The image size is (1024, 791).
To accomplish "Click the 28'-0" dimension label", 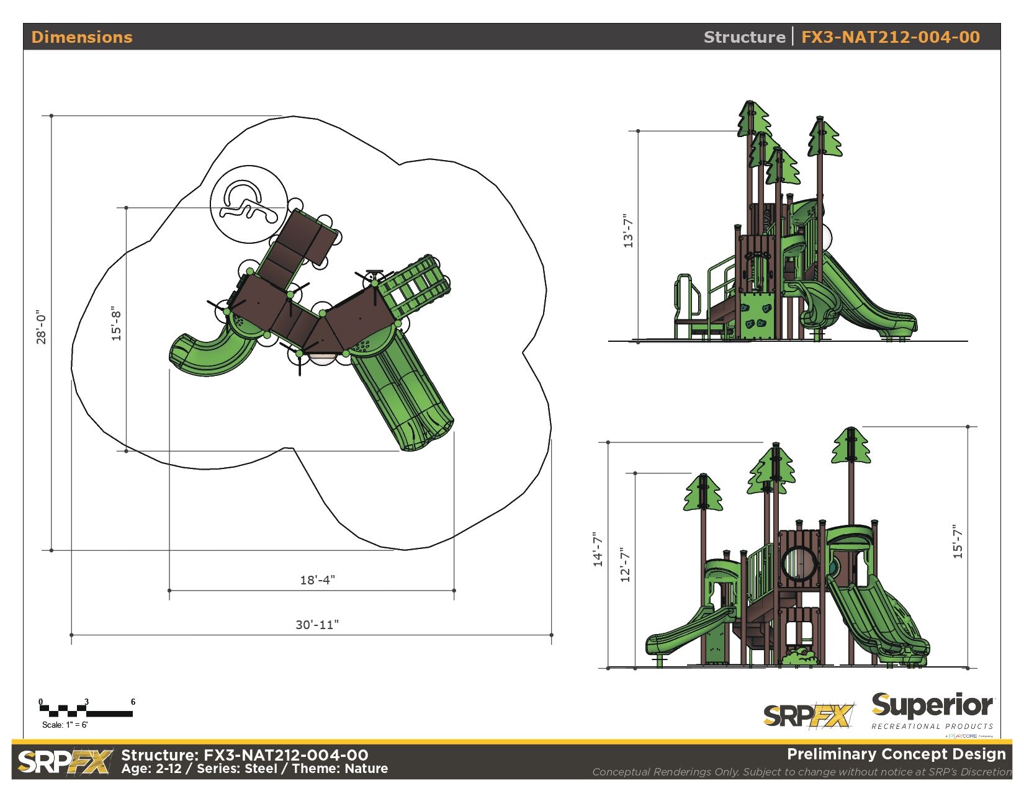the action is [x=42, y=327].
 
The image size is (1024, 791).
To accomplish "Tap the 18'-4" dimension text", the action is [x=318, y=579].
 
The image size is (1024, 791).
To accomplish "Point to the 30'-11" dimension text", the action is [x=317, y=624].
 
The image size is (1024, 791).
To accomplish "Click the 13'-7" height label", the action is [x=628, y=230].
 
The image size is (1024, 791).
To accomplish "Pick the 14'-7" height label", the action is [x=598, y=549].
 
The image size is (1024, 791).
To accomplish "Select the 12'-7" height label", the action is [x=626, y=565].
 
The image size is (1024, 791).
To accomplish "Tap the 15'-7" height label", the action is [x=958, y=542].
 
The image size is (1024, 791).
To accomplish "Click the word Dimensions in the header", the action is [x=82, y=37].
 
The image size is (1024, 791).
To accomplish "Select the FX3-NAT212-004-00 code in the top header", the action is [x=891, y=37].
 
